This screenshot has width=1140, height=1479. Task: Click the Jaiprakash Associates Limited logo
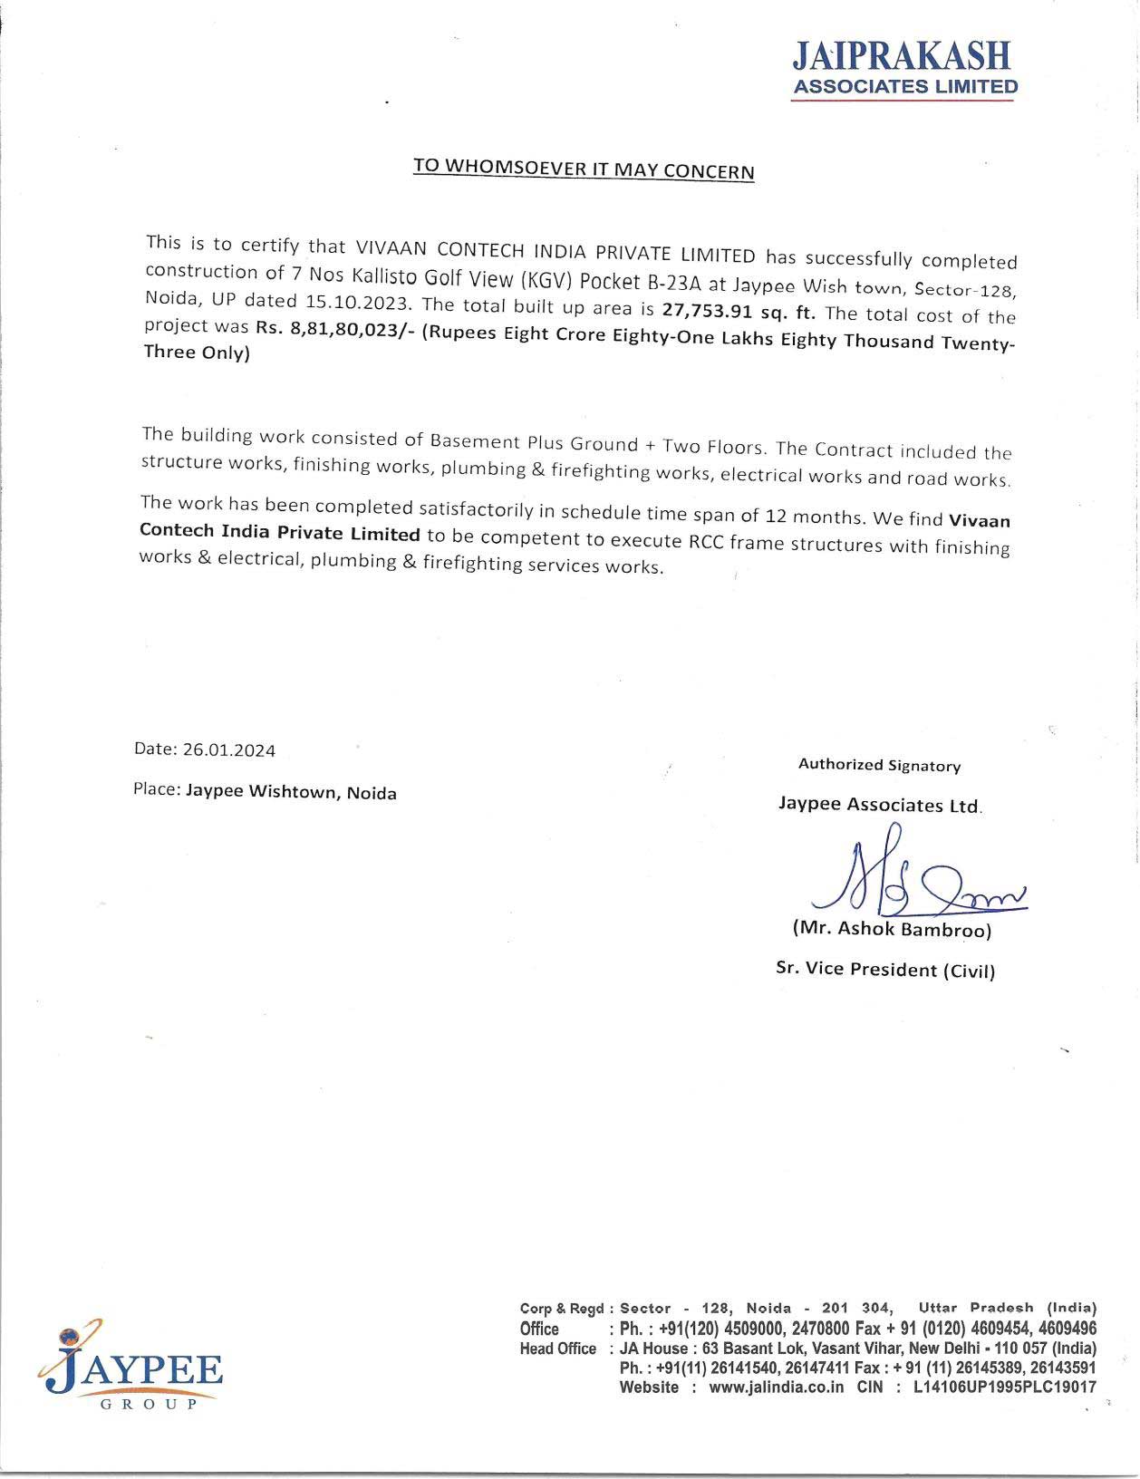point(904,68)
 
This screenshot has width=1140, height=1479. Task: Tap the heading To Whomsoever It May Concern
point(584,169)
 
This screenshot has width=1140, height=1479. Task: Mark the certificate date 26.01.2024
point(229,749)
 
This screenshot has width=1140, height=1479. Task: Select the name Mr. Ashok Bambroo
point(892,929)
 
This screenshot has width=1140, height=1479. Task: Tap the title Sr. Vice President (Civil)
point(885,969)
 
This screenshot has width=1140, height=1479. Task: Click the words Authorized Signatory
point(879,765)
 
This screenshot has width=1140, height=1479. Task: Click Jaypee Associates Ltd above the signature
point(879,804)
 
